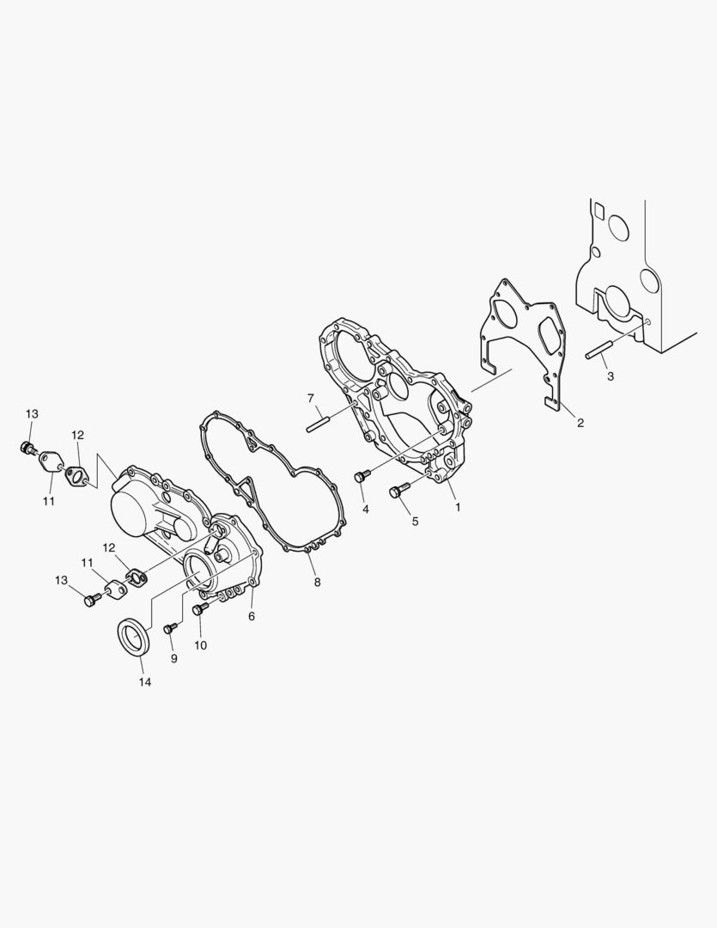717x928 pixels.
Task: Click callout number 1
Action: click(x=458, y=507)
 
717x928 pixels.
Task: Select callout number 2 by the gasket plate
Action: click(x=580, y=423)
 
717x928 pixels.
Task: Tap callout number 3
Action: click(x=611, y=375)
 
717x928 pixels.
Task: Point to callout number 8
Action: click(x=317, y=583)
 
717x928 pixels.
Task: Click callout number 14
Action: click(x=145, y=681)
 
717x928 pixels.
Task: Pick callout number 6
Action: click(x=252, y=616)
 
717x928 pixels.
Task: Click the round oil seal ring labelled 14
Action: click(x=136, y=636)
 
